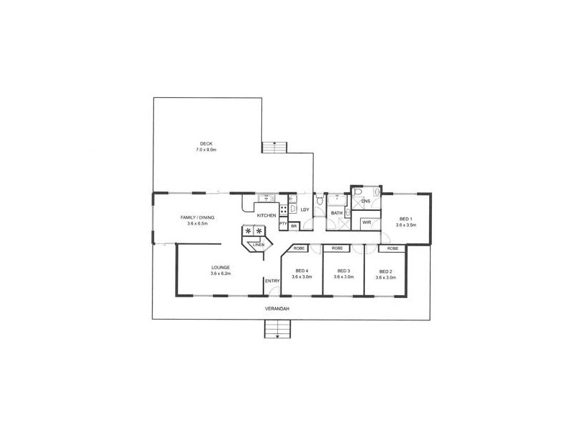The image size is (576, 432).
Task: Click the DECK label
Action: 207,143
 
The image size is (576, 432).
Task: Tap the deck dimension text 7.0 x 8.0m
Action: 207,149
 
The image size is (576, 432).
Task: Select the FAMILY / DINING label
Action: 197,217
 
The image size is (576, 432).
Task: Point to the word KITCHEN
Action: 267,215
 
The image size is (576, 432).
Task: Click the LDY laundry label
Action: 305,210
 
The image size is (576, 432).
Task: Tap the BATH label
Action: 336,213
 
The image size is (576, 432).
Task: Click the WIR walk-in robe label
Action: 366,222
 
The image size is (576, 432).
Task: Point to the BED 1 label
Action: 405,218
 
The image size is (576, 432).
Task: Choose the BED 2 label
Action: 384,271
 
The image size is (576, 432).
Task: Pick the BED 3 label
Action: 343,271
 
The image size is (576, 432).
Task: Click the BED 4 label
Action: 300,271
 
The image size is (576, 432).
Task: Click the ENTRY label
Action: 271,281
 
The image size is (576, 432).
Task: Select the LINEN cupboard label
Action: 258,245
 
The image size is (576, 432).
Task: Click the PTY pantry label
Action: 283,224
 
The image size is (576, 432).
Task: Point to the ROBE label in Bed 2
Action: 392,248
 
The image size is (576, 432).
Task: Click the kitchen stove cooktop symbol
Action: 284,209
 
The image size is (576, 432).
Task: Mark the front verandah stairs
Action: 276,330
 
